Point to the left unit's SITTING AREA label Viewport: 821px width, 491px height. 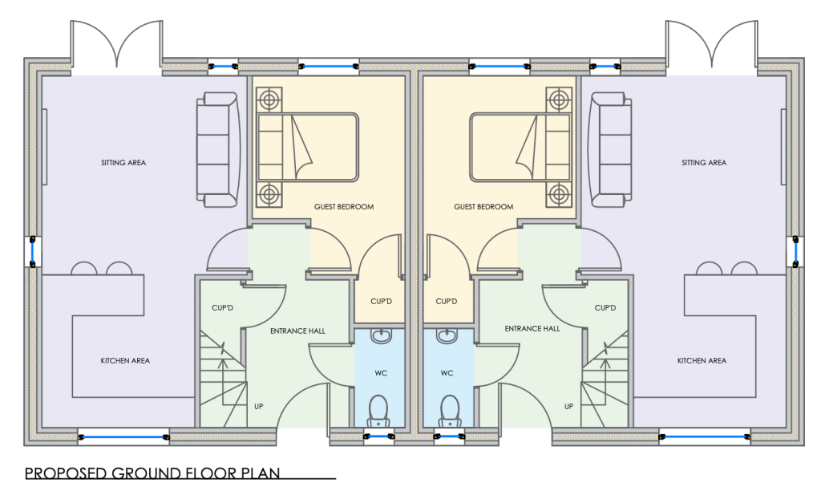point(123,163)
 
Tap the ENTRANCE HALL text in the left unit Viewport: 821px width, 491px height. point(297,329)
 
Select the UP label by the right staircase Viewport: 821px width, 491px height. point(568,407)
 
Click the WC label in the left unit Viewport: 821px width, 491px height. point(380,373)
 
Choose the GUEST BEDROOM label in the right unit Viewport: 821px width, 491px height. point(483,206)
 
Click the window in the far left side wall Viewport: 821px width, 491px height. point(32,251)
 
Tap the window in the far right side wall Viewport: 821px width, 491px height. point(794,251)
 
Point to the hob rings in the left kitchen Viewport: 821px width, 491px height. point(101,268)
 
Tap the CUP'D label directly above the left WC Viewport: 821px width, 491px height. point(380,302)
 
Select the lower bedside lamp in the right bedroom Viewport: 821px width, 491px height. point(558,193)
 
